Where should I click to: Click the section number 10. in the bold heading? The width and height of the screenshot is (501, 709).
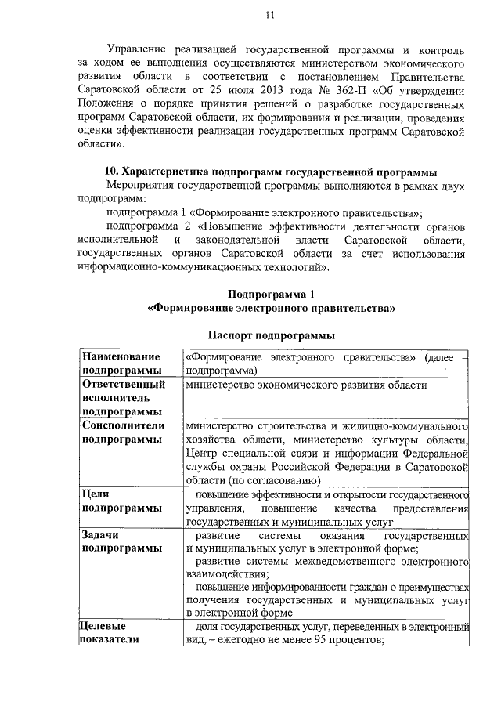pyautogui.click(x=113, y=172)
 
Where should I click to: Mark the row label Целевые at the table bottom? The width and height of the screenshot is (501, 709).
pyautogui.click(x=105, y=626)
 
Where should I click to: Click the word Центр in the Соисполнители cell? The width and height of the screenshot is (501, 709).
pyautogui.click(x=201, y=453)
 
